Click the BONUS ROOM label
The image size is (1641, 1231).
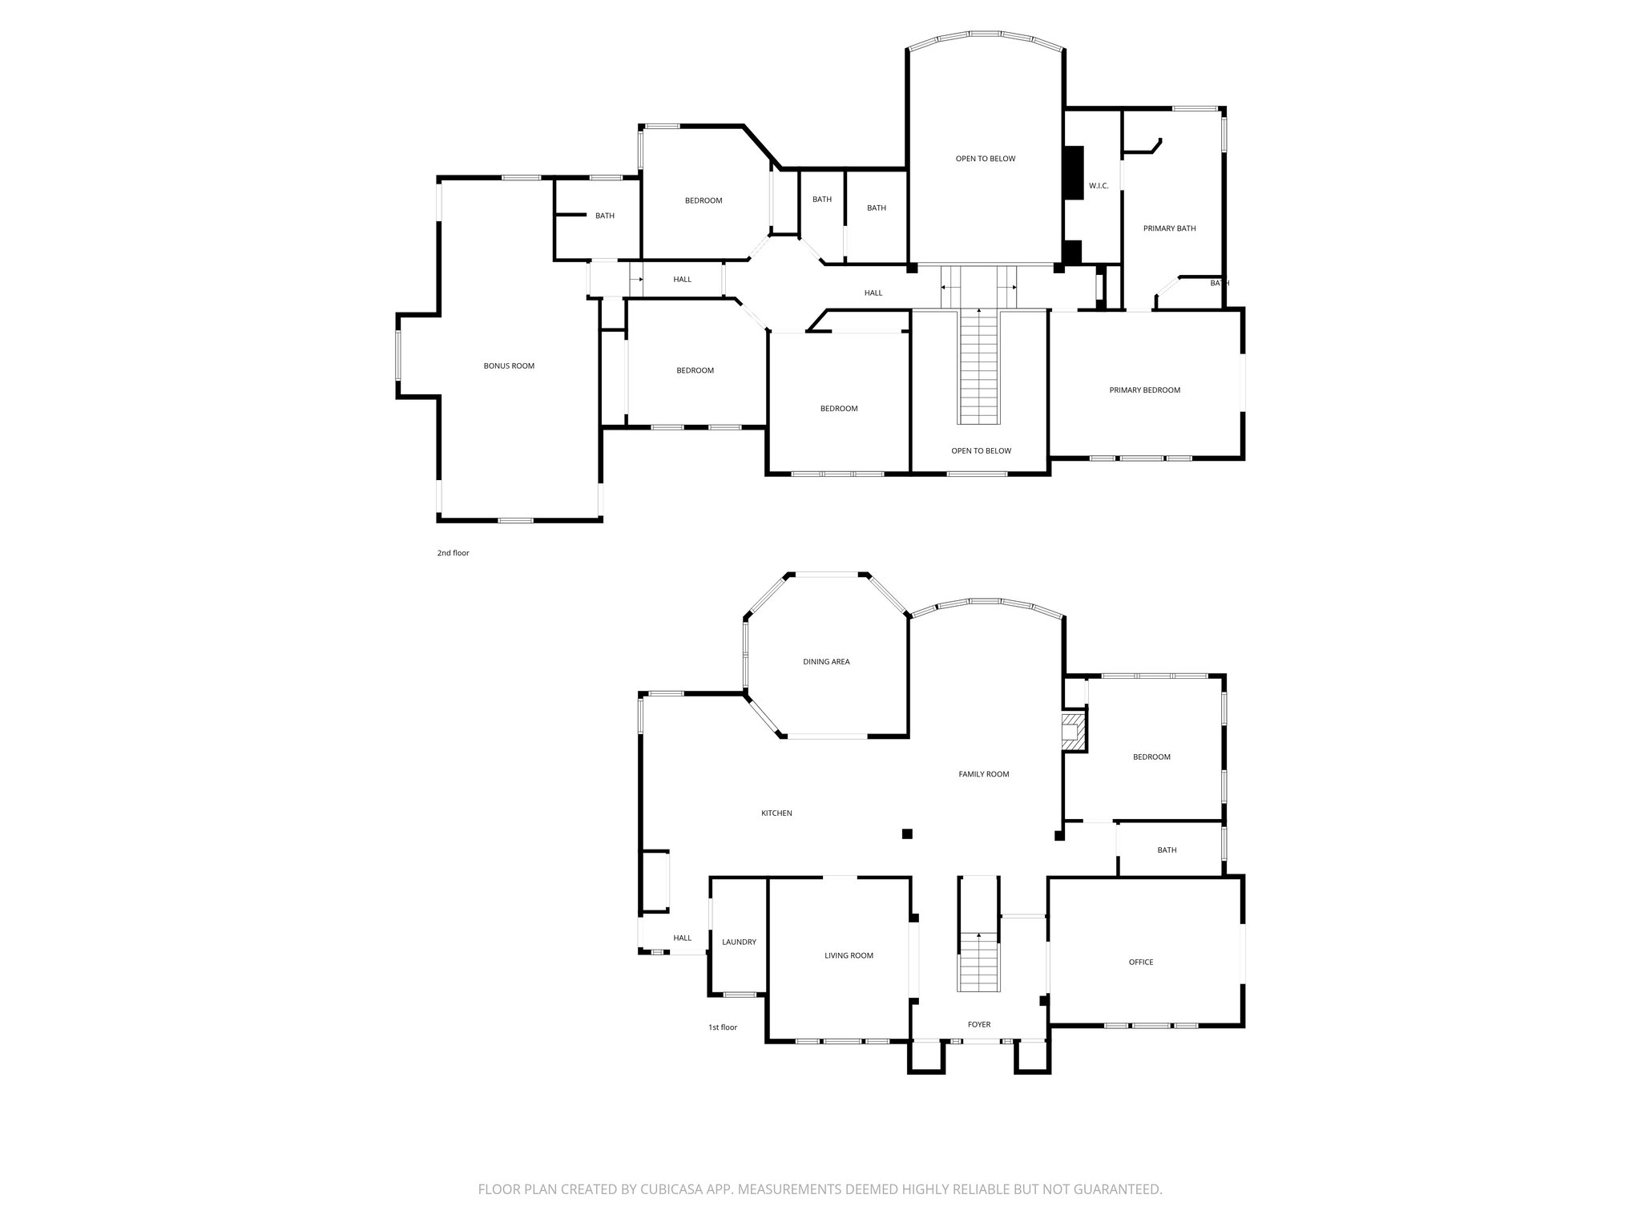(x=509, y=366)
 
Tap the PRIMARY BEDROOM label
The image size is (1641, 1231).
(x=1144, y=390)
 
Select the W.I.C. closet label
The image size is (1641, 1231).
(x=1098, y=186)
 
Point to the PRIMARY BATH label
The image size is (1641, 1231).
(x=1169, y=228)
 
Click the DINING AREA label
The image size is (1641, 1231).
(x=826, y=662)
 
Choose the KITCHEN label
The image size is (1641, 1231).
(x=776, y=813)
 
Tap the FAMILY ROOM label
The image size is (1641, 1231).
(x=983, y=774)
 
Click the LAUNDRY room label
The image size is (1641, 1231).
(x=739, y=942)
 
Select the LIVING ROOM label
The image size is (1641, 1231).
(x=849, y=955)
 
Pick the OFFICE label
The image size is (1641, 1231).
(x=1141, y=962)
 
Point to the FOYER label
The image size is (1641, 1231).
(x=978, y=1024)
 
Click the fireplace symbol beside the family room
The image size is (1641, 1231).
(x=1071, y=731)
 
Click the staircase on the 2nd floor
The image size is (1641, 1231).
(x=978, y=369)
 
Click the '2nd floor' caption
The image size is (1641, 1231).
(x=453, y=553)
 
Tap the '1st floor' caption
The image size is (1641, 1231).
(x=722, y=1027)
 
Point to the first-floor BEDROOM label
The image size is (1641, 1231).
(x=1151, y=757)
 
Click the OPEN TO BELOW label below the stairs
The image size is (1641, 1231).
(x=981, y=450)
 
